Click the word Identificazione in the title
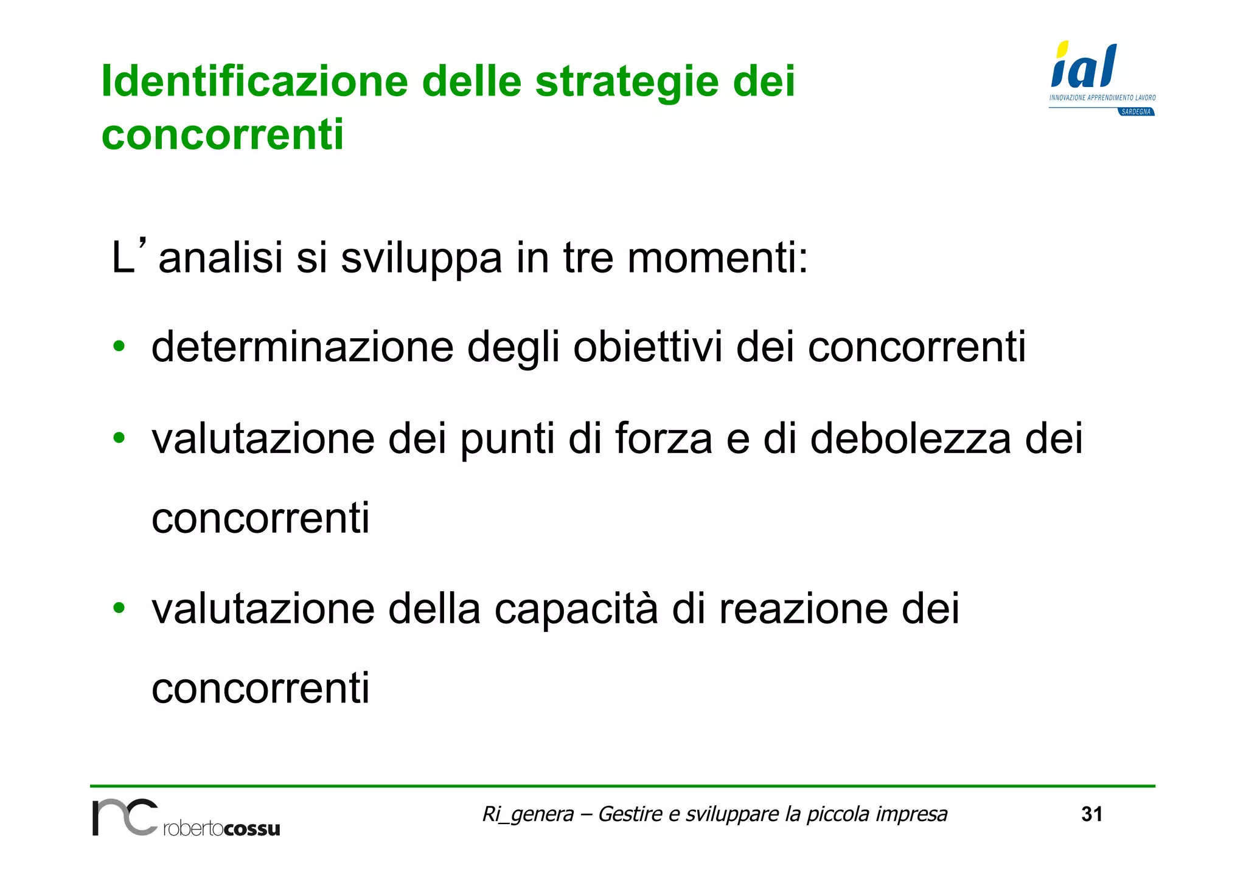[x=254, y=81]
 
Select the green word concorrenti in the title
[x=223, y=134]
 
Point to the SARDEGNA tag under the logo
[x=1135, y=112]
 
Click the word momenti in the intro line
[x=717, y=258]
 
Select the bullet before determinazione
[x=119, y=347]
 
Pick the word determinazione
[x=302, y=347]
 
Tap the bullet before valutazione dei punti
[x=119, y=437]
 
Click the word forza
[x=663, y=438]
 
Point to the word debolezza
[x=910, y=438]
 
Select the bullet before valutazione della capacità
[x=119, y=608]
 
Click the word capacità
[x=576, y=608]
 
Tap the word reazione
[x=803, y=608]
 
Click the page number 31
[x=1091, y=814]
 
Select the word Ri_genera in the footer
[x=527, y=814]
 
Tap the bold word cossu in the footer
[x=251, y=829]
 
